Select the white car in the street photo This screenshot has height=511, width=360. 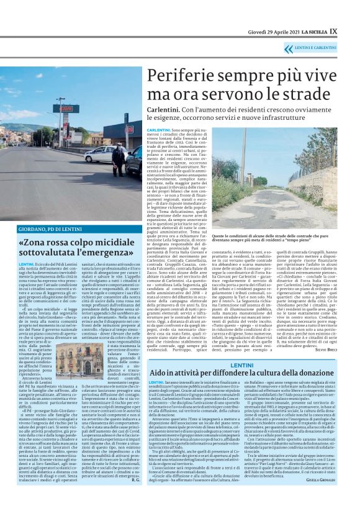click(x=99, y=155)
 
